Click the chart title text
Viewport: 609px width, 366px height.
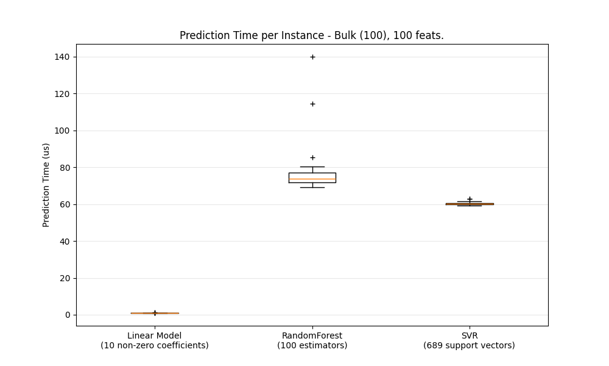pos(311,36)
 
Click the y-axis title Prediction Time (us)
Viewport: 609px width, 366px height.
pos(46,185)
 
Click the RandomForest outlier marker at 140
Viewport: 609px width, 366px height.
pos(312,57)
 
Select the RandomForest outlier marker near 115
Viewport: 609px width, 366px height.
pos(312,104)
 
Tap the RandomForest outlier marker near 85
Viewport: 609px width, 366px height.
pos(312,157)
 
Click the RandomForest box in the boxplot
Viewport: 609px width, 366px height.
pos(312,177)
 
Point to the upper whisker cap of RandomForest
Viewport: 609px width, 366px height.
pos(312,167)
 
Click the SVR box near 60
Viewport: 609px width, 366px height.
pos(470,204)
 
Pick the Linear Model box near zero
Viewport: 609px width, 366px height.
pos(155,313)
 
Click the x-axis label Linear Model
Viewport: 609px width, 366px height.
pos(155,335)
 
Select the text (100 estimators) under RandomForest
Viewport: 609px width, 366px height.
pos(312,346)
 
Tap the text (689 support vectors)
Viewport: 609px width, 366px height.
pos(470,346)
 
